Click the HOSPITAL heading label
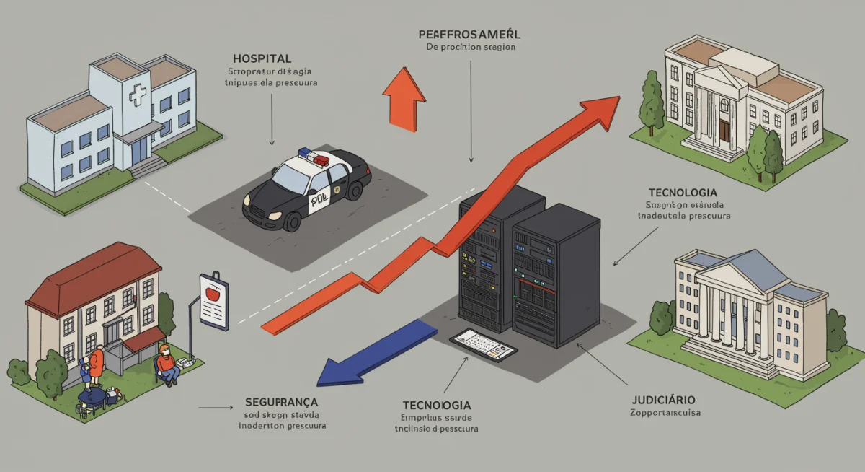click(262, 57)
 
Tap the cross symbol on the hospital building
click(138, 94)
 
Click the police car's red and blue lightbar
click(314, 155)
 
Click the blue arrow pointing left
click(375, 354)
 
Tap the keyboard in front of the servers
click(483, 344)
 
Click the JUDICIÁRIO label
click(663, 399)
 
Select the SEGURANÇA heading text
click(282, 401)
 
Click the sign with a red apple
click(214, 300)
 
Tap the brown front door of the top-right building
click(724, 130)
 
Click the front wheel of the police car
click(293, 219)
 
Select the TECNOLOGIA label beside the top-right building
click(682, 193)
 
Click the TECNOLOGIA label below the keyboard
click(437, 405)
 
